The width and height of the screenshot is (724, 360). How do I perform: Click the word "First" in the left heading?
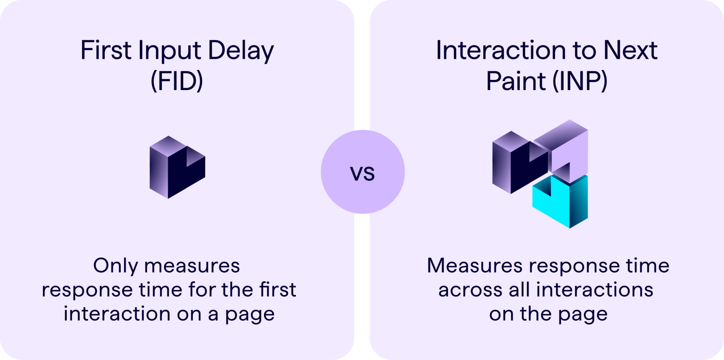click(x=106, y=50)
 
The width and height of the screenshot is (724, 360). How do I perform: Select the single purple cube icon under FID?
click(x=177, y=167)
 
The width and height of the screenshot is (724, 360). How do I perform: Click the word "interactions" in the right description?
click(x=594, y=290)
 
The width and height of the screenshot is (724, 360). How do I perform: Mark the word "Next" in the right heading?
click(x=630, y=50)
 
